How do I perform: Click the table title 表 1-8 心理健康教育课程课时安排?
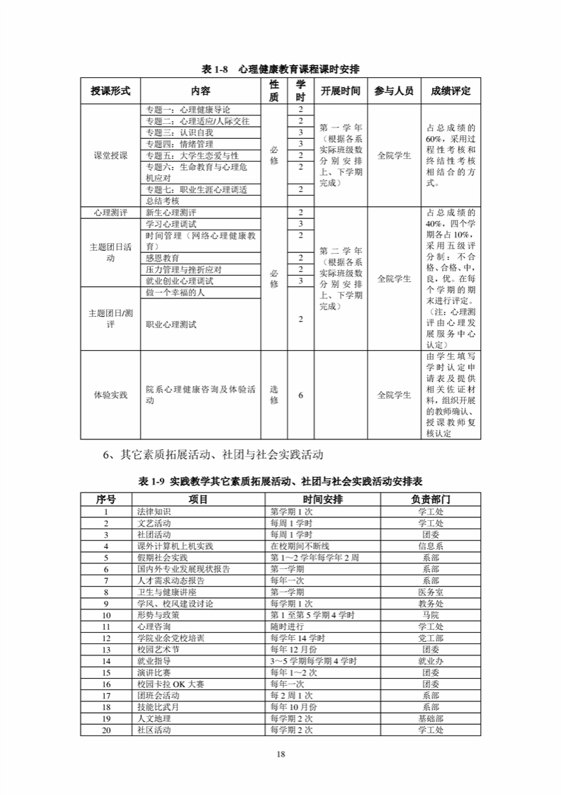pos(280,69)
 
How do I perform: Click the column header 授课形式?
pos(111,91)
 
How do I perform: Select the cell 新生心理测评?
pos(171,213)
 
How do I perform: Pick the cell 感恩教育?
pos(162,258)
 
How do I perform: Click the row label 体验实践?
pos(111,395)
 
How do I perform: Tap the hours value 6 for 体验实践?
pos(300,395)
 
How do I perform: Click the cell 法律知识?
pos(154,512)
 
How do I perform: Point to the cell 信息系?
pos(431,546)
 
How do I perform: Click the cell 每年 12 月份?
pos(293,648)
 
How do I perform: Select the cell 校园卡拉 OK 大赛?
pos(170,684)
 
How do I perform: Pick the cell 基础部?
pos(431,718)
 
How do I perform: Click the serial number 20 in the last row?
pos(106,729)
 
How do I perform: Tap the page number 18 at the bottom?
pos(280,754)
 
